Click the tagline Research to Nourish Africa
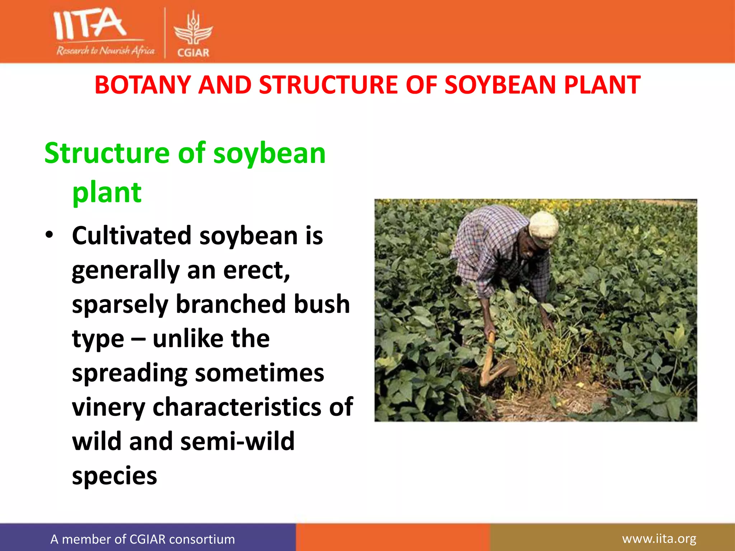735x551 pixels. point(105,51)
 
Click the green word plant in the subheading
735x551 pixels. point(107,193)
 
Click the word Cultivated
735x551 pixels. point(132,236)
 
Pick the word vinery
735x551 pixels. point(108,408)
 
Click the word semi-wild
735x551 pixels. point(237,441)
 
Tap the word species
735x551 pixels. point(114,476)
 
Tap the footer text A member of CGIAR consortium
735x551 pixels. point(142,539)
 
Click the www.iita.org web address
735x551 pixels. point(659,538)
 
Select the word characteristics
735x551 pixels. point(236,407)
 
